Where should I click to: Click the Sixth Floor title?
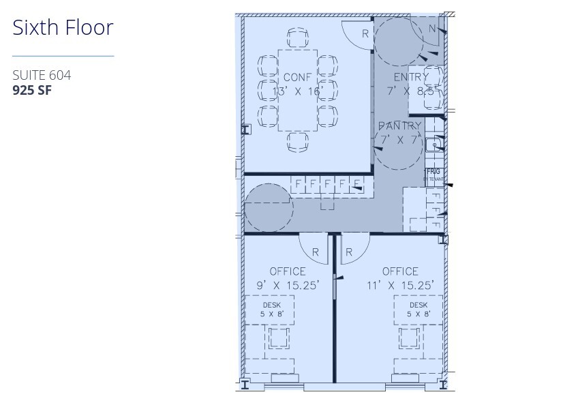(63, 28)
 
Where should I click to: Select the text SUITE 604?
(42, 75)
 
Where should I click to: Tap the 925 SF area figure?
(33, 89)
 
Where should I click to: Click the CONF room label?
(297, 77)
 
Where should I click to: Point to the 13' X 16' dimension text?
(297, 91)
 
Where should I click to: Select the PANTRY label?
(400, 126)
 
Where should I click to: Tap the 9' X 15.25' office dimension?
(288, 286)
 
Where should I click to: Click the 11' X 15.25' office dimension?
(400, 286)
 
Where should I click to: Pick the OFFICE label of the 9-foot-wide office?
(288, 271)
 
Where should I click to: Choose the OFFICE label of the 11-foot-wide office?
(400, 271)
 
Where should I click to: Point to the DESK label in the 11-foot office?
(419, 305)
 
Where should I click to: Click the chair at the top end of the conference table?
(298, 38)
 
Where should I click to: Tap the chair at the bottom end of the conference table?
(298, 141)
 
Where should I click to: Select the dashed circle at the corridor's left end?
(269, 207)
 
